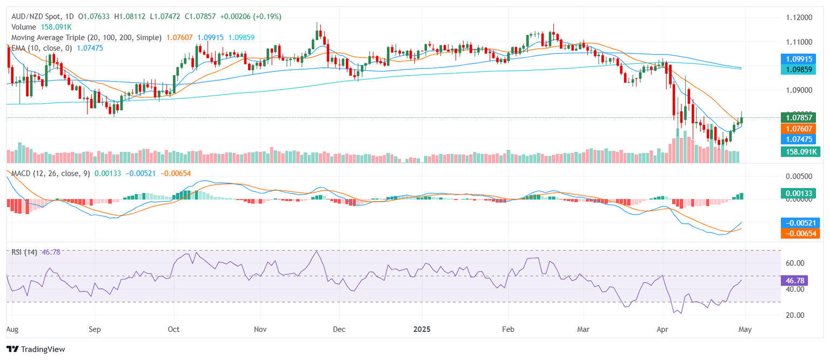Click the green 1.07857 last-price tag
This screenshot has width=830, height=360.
tap(800, 117)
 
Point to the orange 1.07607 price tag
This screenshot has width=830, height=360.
tap(800, 128)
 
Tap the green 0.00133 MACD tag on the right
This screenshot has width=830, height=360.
tap(800, 193)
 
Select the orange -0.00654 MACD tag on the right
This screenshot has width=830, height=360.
tap(800, 233)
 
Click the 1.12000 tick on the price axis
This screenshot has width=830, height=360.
tap(798, 17)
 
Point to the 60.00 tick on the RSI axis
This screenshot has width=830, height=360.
tap(795, 263)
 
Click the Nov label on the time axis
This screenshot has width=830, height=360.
tap(260, 328)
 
